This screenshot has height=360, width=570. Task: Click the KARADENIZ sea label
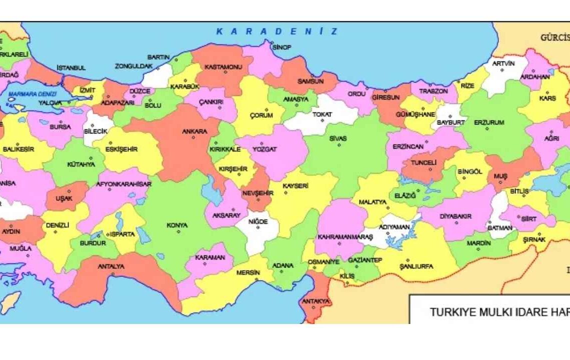click(x=276, y=31)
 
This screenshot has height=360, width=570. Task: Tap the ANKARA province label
click(x=194, y=131)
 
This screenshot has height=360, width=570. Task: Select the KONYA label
click(x=177, y=225)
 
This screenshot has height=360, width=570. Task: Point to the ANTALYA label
click(x=111, y=266)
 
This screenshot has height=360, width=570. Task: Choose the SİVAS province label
click(x=338, y=138)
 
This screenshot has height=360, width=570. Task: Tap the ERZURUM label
click(x=488, y=122)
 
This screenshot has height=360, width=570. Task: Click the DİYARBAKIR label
click(x=455, y=216)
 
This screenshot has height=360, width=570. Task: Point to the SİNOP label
click(x=281, y=47)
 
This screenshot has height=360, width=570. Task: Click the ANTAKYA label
click(x=315, y=301)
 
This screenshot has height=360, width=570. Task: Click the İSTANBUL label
click(x=71, y=67)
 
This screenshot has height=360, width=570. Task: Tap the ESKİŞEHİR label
click(x=122, y=149)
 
